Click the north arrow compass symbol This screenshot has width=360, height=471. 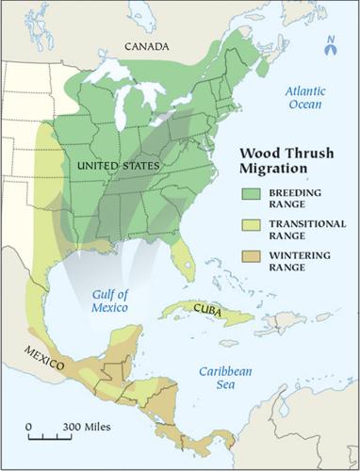[x=331, y=48]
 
